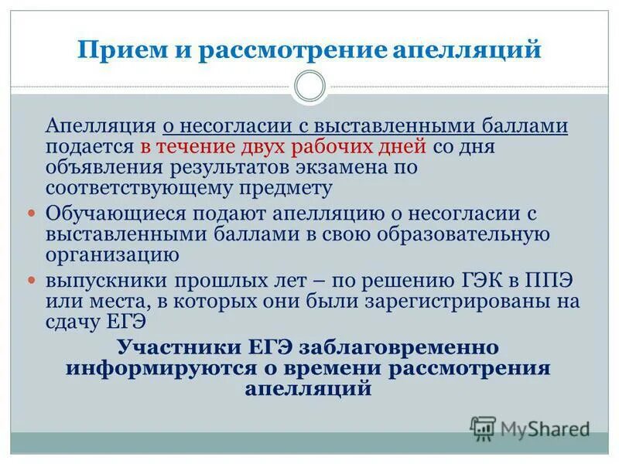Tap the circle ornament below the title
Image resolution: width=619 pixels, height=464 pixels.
310,86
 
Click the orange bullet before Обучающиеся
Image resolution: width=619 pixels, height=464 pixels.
32,212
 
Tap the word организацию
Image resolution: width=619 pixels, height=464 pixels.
113,253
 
